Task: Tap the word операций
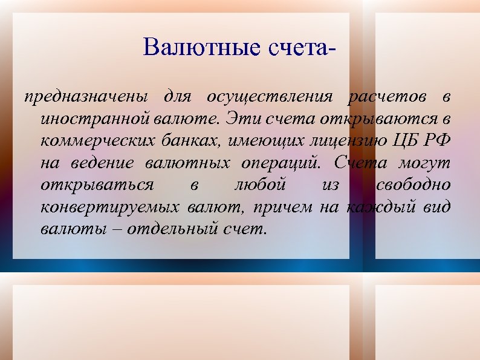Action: pyautogui.click(x=283, y=164)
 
